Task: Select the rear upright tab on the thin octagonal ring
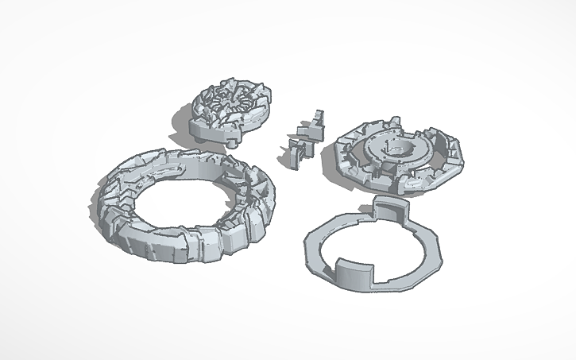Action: pyautogui.click(x=390, y=211)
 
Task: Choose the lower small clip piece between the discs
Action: pyautogui.click(x=297, y=151)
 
